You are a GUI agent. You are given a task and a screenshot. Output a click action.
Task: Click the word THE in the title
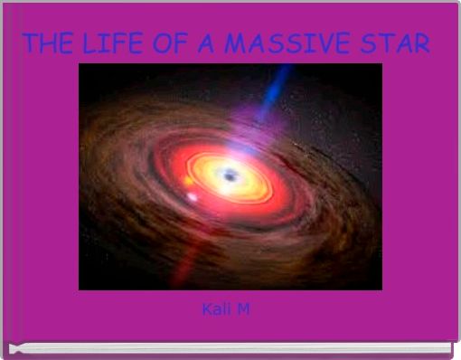click(x=48, y=43)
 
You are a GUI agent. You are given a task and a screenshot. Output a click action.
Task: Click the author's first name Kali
click(x=216, y=310)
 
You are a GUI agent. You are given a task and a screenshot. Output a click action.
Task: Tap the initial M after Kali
click(x=245, y=310)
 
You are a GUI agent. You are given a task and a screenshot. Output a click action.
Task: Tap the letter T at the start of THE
click(x=29, y=43)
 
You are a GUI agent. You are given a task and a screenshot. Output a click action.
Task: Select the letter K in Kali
click(x=207, y=310)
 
